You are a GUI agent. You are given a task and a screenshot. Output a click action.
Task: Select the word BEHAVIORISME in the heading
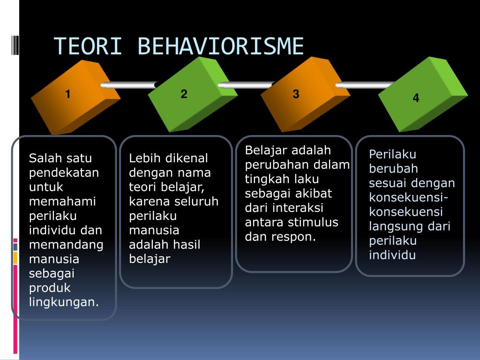[221, 47]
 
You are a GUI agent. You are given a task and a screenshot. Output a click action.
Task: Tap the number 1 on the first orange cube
[68, 94]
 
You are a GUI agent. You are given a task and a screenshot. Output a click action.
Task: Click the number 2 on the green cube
[184, 94]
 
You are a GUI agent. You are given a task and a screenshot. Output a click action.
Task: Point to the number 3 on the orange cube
[296, 94]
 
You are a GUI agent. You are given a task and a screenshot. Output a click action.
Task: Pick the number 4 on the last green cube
[416, 98]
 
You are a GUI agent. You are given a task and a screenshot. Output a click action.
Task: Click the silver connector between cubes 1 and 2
[129, 85]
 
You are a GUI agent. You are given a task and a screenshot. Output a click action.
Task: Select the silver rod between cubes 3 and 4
[363, 85]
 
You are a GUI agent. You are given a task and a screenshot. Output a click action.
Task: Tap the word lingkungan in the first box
[64, 302]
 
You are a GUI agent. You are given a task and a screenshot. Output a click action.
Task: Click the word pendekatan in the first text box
[64, 172]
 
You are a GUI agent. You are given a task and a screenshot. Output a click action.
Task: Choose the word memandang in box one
[66, 245]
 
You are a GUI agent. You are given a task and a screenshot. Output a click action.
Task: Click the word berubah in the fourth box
[393, 169]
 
